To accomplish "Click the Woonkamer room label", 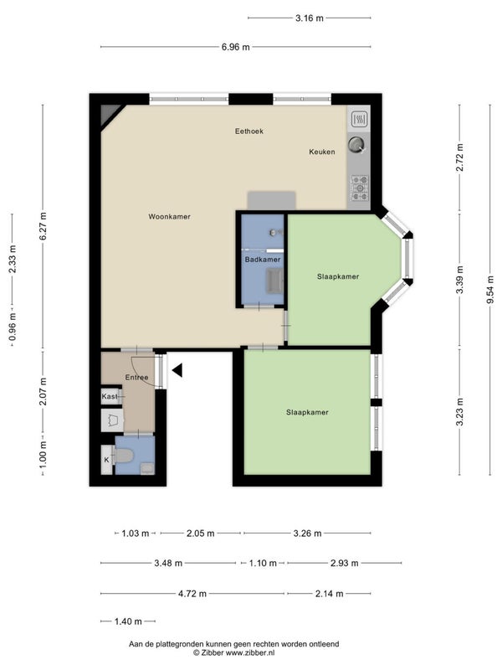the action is click(170, 217).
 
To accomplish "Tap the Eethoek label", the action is click(249, 131).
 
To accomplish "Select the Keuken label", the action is click(322, 152).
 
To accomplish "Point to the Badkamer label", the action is click(263, 260).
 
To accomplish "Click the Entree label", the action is click(136, 378).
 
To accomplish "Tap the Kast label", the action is click(110, 396).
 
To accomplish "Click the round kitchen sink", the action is click(356, 144).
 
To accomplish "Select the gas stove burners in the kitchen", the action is click(360, 188).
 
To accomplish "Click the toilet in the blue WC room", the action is click(122, 456).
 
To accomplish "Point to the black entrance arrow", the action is click(177, 370).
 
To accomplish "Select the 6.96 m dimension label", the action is click(236, 47).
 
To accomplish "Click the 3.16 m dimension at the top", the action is click(310, 18).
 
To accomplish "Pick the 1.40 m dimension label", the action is click(128, 621).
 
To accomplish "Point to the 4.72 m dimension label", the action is click(192, 594).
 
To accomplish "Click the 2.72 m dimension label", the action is click(459, 157).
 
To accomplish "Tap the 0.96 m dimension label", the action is click(13, 327).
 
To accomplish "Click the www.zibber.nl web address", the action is click(249, 653).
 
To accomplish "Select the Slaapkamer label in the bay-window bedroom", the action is click(338, 276).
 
